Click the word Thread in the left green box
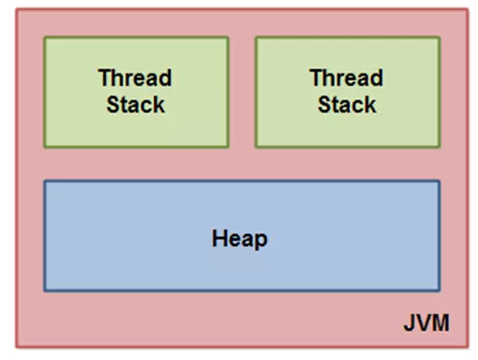click(135, 77)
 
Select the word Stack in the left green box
click(136, 105)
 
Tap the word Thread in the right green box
click(347, 77)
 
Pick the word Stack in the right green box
click(347, 105)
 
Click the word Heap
click(240, 240)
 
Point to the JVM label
click(426, 323)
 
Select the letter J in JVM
click(409, 323)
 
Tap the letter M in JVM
click(441, 323)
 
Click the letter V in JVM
click(423, 323)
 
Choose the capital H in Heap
click(219, 238)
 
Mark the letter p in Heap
click(261, 242)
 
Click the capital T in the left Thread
click(104, 77)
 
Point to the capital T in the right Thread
click(317, 77)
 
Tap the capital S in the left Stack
click(112, 105)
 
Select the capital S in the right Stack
click(324, 105)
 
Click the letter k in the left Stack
click(159, 105)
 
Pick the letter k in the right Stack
click(370, 105)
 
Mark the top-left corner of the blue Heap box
click(45, 181)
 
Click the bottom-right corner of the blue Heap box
click(440, 291)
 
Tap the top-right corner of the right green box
click(440, 37)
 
